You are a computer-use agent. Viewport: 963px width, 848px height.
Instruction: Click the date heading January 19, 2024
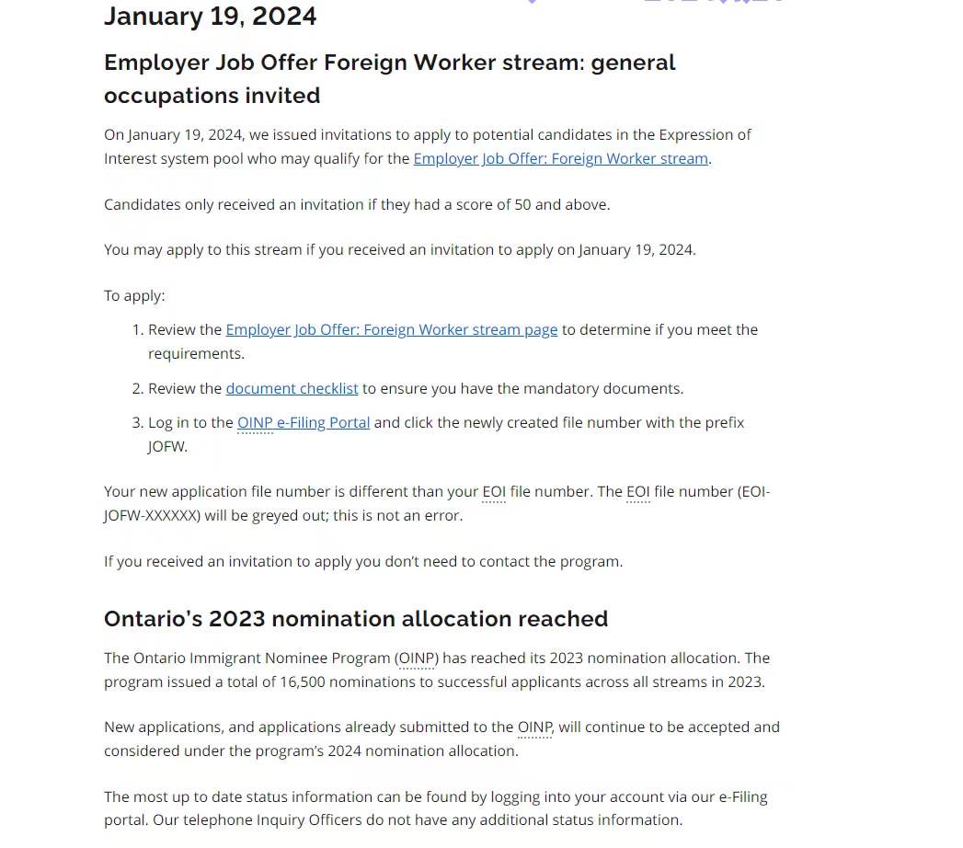pyautogui.click(x=210, y=17)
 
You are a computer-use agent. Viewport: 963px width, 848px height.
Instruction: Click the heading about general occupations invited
pyautogui.click(x=389, y=78)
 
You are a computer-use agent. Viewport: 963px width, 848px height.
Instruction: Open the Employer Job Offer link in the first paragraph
pyautogui.click(x=560, y=158)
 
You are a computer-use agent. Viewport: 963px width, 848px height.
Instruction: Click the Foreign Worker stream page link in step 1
pyautogui.click(x=391, y=329)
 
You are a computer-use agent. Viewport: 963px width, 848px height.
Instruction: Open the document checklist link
pyautogui.click(x=292, y=388)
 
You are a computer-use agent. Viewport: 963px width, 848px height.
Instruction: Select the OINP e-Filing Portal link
pyautogui.click(x=304, y=422)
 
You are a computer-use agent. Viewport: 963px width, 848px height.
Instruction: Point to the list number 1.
pyautogui.click(x=137, y=329)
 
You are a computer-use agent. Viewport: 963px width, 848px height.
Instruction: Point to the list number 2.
pyautogui.click(x=137, y=388)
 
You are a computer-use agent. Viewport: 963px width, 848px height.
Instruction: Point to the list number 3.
pyautogui.click(x=137, y=422)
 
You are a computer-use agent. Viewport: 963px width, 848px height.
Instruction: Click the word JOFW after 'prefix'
pyautogui.click(x=167, y=446)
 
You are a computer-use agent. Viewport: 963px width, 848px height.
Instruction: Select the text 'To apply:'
pyautogui.click(x=134, y=295)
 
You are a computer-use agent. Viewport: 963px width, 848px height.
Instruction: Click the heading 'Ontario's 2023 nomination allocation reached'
pyautogui.click(x=355, y=618)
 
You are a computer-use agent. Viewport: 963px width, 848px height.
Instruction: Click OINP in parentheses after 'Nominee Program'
pyautogui.click(x=417, y=658)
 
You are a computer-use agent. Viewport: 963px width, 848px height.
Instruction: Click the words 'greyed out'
pyautogui.click(x=269, y=515)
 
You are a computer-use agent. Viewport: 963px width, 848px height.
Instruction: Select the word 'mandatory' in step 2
pyautogui.click(x=548, y=388)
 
